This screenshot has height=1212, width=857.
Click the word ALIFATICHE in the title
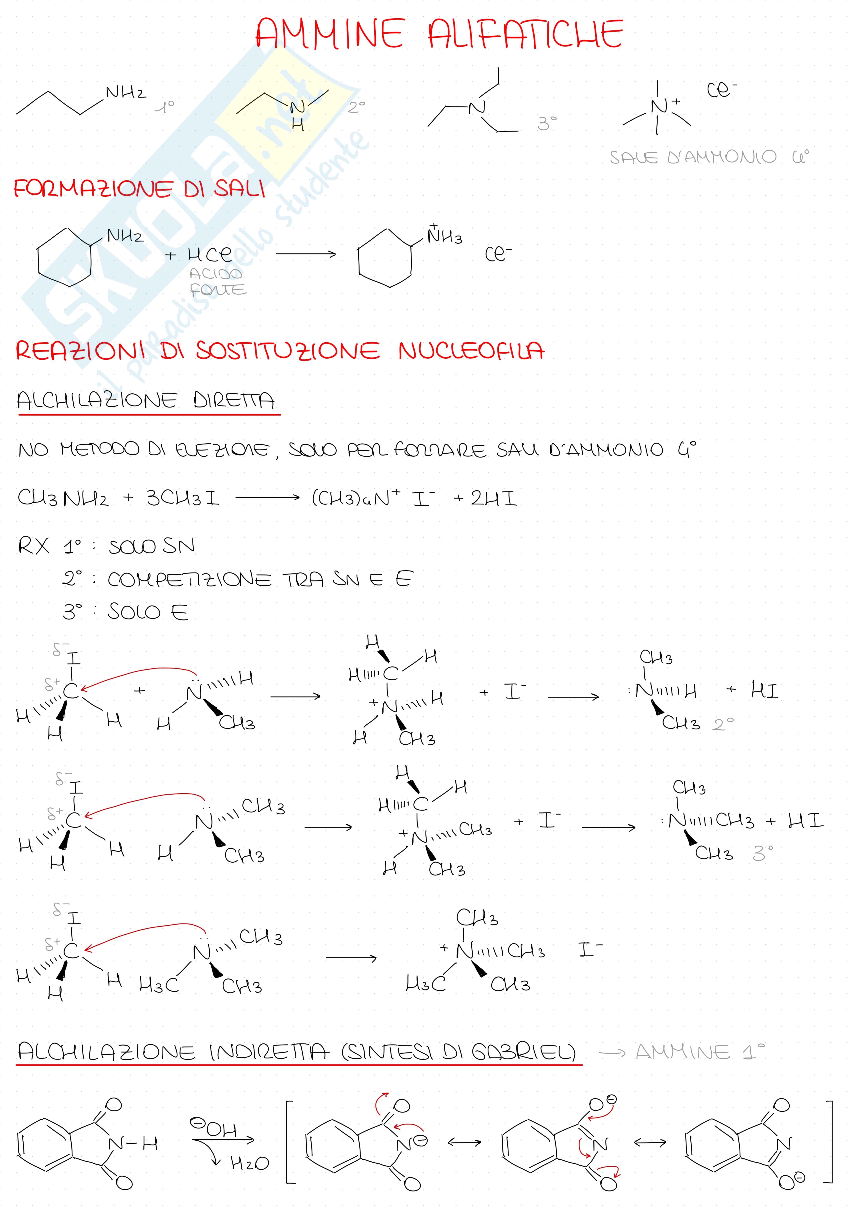[525, 34]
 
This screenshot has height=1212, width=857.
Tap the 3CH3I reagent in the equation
[183, 498]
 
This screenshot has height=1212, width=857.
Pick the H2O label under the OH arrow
[249, 1163]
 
